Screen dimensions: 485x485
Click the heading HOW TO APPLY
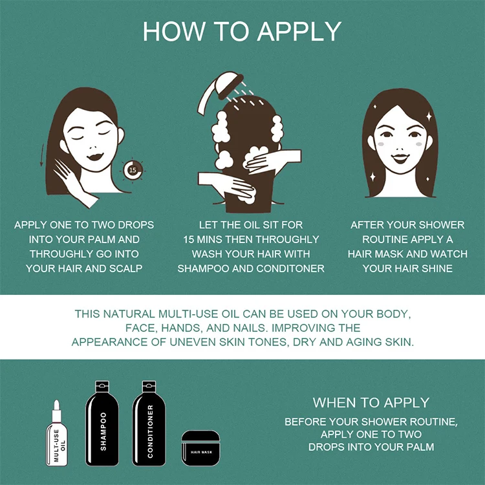[x=242, y=32]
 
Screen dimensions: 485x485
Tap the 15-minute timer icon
[x=133, y=169]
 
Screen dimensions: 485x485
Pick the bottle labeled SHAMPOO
[x=102, y=423]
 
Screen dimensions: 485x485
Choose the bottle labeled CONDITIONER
[x=149, y=423]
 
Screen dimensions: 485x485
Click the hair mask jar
[x=200, y=448]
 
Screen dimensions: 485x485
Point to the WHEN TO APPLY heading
[x=371, y=403]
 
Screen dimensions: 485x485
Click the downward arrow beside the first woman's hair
[x=42, y=155]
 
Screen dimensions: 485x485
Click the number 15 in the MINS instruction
[x=188, y=239]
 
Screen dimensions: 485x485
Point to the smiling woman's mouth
[x=400, y=158]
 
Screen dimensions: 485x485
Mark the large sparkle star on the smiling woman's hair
[x=429, y=116]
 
